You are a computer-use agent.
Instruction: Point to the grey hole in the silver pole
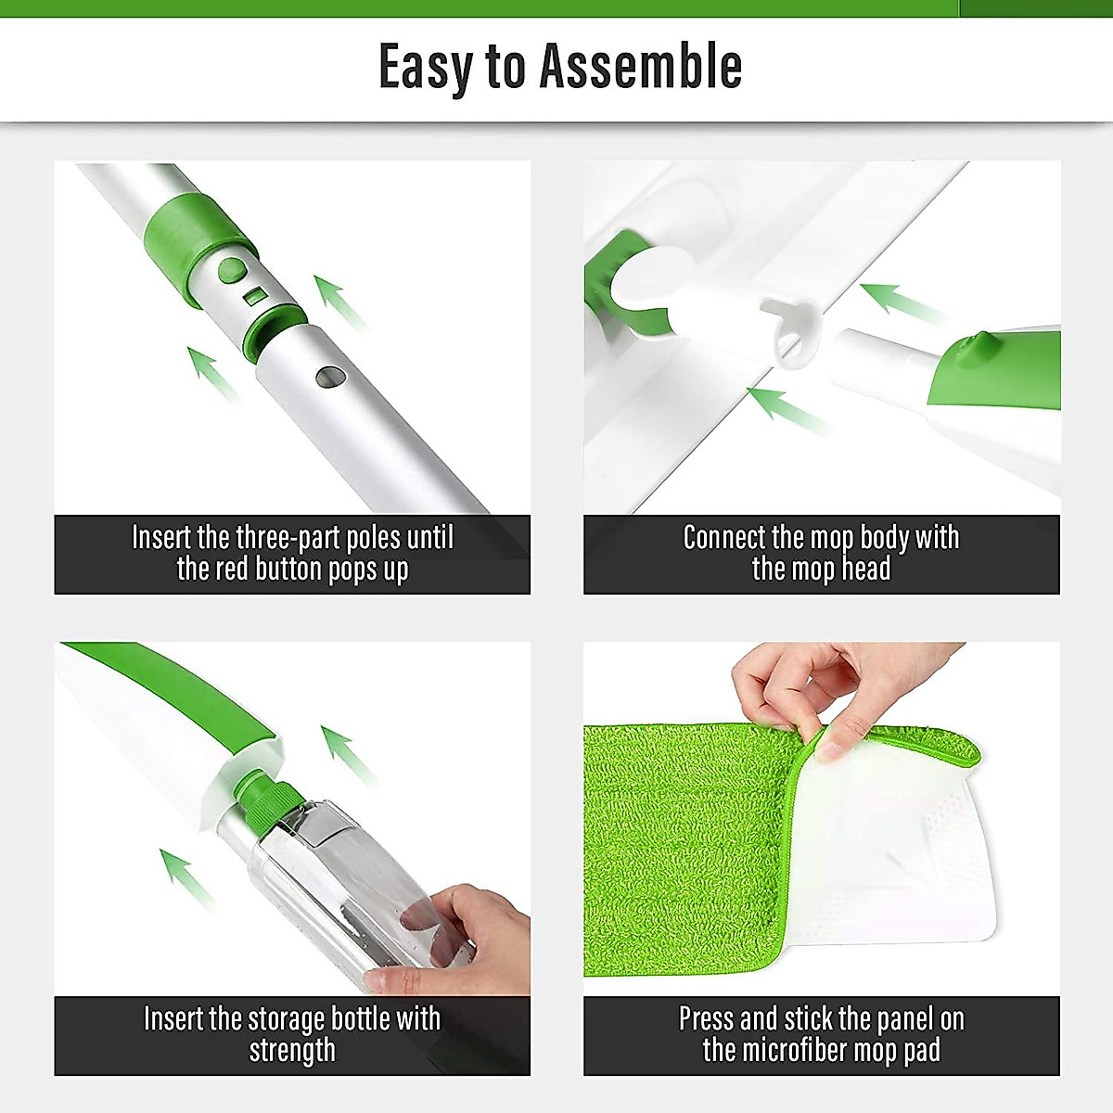point(329,377)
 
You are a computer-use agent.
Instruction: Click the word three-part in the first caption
point(288,537)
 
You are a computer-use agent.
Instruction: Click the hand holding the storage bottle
point(464,937)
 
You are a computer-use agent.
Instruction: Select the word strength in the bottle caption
point(292,1050)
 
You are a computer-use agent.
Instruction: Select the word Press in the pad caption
point(709,1018)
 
